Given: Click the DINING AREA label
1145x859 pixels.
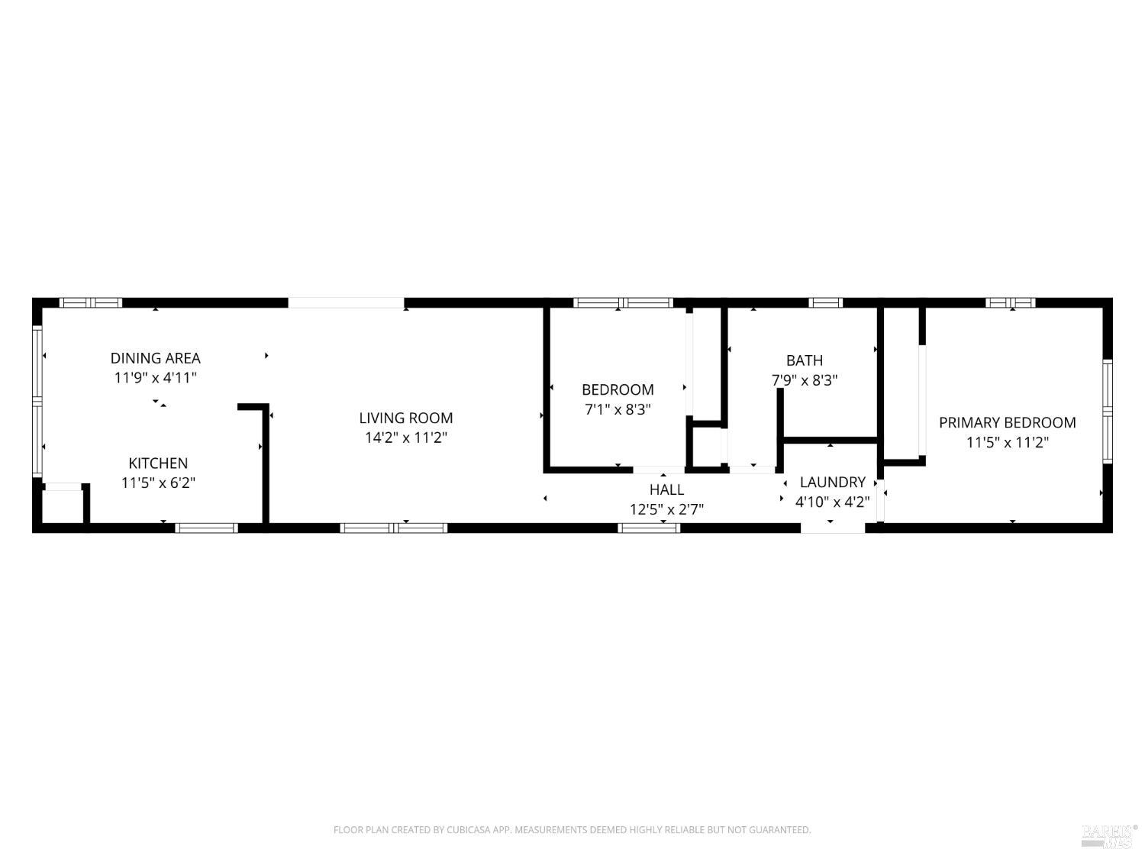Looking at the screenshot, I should (x=155, y=358).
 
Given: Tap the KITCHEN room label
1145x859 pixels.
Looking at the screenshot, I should (x=158, y=463).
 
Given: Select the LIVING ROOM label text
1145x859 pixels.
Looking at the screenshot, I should (x=406, y=418).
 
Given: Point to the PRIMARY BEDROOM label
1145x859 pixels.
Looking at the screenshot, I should (x=1007, y=423).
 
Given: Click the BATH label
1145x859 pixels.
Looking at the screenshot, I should (x=805, y=360).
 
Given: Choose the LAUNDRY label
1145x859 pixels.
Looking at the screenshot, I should (x=832, y=483).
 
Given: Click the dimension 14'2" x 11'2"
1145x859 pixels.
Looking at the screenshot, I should (x=406, y=438).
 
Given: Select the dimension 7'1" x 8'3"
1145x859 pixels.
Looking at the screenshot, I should (x=618, y=409).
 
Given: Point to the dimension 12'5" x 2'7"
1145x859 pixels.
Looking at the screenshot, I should (x=666, y=509).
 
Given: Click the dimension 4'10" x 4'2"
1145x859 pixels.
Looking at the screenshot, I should (x=832, y=502).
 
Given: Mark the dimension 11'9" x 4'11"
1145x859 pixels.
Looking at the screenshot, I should (x=155, y=378).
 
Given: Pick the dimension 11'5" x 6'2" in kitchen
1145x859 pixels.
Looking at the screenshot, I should (x=158, y=483).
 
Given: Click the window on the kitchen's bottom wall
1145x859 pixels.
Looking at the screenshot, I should (x=207, y=528).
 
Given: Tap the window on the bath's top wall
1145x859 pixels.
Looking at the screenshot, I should (x=826, y=303).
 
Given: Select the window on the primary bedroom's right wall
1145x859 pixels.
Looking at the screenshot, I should (x=1108, y=411).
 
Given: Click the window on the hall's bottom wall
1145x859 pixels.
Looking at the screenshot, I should (x=648, y=528).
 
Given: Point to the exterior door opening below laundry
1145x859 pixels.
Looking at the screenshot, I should (x=833, y=528).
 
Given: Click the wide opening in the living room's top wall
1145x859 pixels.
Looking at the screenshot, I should (x=346, y=303).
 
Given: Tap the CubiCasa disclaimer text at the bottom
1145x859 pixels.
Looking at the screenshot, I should (x=572, y=830).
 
